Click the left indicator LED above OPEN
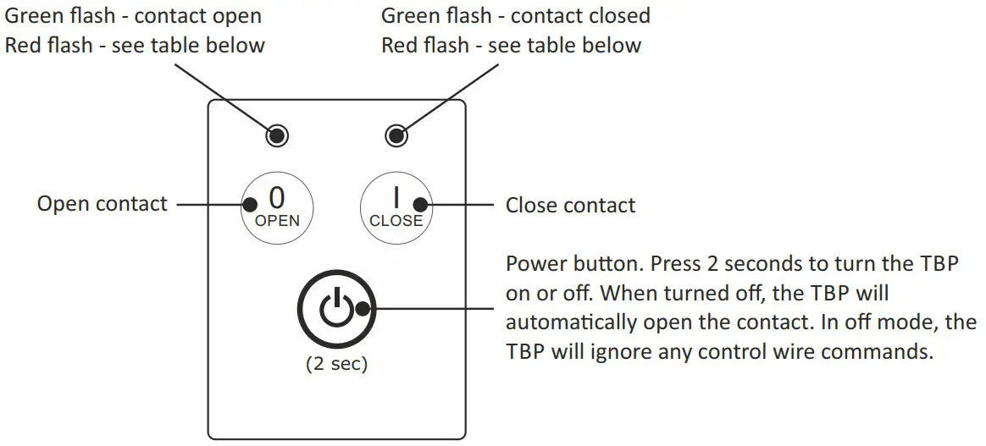pyautogui.click(x=277, y=135)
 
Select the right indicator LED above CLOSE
pyautogui.click(x=396, y=135)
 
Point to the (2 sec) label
pyautogui.click(x=336, y=365)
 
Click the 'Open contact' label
pyautogui.click(x=102, y=204)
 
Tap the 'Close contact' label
pyautogui.click(x=570, y=205)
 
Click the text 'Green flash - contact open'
pyautogui.click(x=134, y=15)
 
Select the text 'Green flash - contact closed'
pyautogui.click(x=515, y=15)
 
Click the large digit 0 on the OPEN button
pyautogui.click(x=277, y=197)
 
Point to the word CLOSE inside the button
pyautogui.click(x=396, y=221)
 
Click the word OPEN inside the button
pyautogui.click(x=277, y=221)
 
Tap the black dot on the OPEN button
pyautogui.click(x=250, y=204)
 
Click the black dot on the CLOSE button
pyautogui.click(x=422, y=204)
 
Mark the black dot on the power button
pyautogui.click(x=363, y=309)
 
